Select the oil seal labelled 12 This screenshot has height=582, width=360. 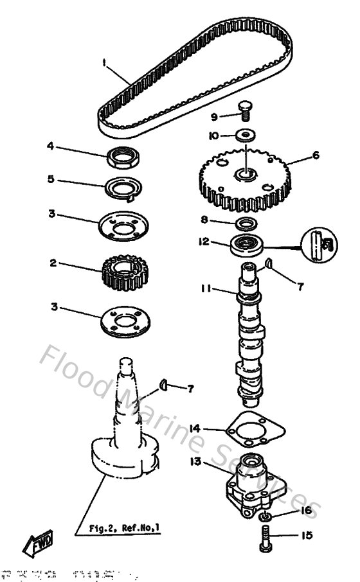pos(247,245)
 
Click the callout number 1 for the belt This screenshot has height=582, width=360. pos(103,63)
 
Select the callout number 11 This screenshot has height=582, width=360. pos(205,290)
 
